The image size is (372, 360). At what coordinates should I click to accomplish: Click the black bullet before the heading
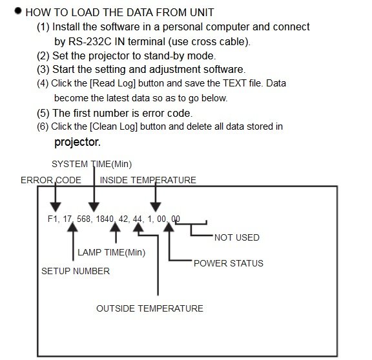(18, 11)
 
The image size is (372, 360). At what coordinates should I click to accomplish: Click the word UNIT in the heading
(201, 12)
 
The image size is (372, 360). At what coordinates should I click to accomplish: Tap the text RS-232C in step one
(90, 41)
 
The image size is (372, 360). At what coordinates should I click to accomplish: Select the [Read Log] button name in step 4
(112, 83)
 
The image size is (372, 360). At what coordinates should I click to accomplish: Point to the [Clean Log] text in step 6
(114, 126)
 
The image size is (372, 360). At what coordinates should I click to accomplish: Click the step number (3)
(43, 70)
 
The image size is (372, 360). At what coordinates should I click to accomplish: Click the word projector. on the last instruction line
(77, 142)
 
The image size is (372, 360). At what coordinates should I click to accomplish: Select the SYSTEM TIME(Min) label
(92, 164)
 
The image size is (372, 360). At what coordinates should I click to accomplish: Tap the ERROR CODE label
(51, 180)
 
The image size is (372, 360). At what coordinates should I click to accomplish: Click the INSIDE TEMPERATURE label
(148, 180)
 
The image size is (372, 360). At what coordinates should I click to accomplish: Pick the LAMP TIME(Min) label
(111, 252)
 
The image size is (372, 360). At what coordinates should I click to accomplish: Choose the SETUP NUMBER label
(76, 271)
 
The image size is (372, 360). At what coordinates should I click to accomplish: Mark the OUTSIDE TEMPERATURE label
(150, 308)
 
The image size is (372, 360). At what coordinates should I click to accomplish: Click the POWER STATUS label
(229, 263)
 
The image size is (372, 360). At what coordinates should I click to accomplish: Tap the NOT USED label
(237, 237)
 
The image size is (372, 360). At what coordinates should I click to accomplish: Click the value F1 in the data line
(52, 219)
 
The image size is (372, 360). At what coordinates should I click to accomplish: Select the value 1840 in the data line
(105, 219)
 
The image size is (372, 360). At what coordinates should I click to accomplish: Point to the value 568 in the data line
(83, 219)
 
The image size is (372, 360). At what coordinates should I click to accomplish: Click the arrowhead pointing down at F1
(56, 207)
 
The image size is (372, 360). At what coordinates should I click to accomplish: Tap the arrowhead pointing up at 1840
(116, 227)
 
